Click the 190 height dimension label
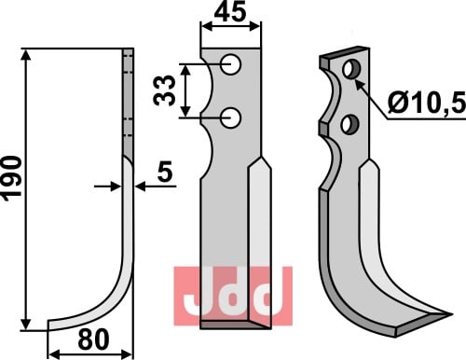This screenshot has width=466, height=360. point(12,178)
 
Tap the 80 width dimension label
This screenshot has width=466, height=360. point(93,339)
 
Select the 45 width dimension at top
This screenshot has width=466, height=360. point(230,12)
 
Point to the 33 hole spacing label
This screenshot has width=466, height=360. point(165,90)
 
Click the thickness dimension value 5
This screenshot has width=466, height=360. point(165,172)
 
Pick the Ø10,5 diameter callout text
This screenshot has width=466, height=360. point(427,103)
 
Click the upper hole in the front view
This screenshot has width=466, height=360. point(231,64)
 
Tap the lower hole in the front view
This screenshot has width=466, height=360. point(231,118)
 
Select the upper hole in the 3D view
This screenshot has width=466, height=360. point(351,69)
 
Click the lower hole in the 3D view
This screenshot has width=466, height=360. point(349,124)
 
